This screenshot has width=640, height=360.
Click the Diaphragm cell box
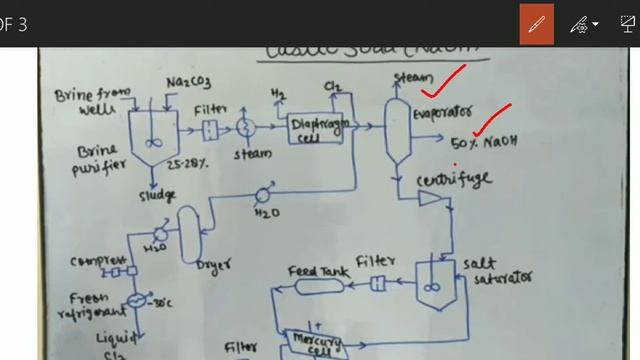tap(321, 129)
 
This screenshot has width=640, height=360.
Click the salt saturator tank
tap(431, 276)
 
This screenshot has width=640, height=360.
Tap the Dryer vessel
tap(190, 234)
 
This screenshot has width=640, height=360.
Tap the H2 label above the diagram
tap(277, 95)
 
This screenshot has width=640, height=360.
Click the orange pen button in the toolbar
tap(537, 23)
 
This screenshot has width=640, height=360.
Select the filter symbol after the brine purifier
tap(209, 129)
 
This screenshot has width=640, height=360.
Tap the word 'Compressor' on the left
tap(97, 261)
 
